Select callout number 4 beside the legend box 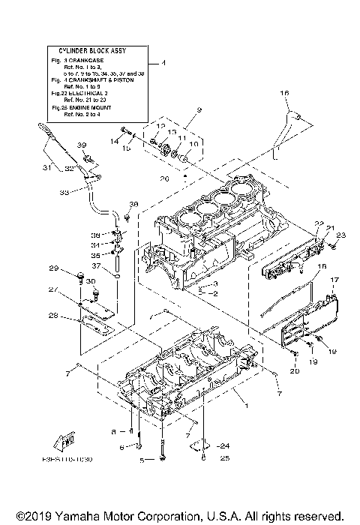click(x=163, y=63)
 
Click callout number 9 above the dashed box click(x=200, y=110)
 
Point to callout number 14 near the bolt click(x=115, y=140)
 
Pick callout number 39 click(x=83, y=145)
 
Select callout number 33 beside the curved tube click(x=63, y=192)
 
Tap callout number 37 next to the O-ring click(x=97, y=265)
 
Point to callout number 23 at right click(x=341, y=235)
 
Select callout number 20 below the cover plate click(x=294, y=370)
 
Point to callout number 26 click(x=163, y=178)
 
